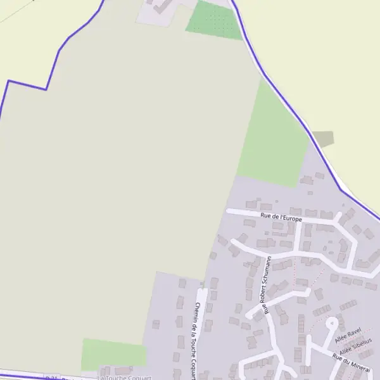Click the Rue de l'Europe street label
pyautogui.click(x=281, y=218)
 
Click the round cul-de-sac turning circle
pyautogui.click(x=331, y=323)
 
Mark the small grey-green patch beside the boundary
pyautogui.click(x=323, y=139)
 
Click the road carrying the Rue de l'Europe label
pyautogui.click(x=241, y=212)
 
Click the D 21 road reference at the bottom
pyautogui.click(x=53, y=377)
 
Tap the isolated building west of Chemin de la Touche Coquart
pyautogui.click(x=156, y=324)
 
